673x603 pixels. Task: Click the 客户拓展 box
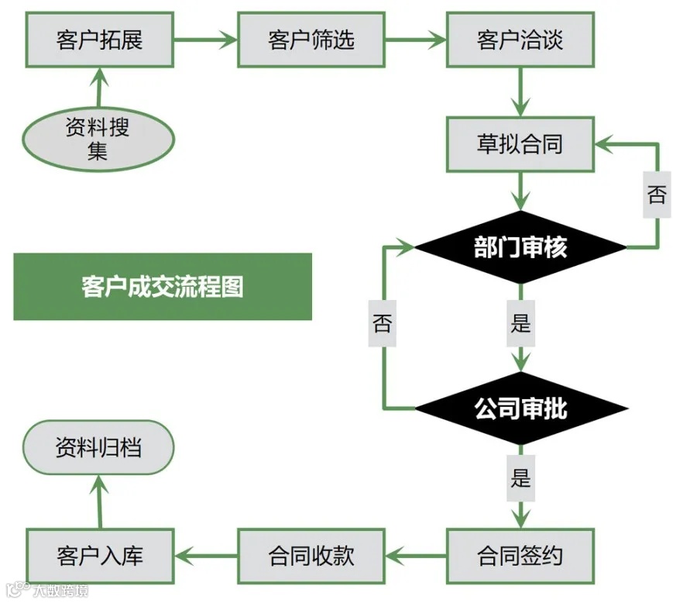(99, 39)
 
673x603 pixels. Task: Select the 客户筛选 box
(311, 39)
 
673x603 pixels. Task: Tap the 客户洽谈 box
(520, 39)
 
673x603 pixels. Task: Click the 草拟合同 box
(520, 144)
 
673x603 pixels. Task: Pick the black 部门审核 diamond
(520, 247)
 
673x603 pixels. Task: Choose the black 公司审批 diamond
(520, 408)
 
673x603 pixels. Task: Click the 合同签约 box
(520, 555)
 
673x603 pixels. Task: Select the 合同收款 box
(311, 555)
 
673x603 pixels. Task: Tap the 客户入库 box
(99, 555)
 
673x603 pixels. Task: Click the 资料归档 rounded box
(98, 447)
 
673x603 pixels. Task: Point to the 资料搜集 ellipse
(98, 139)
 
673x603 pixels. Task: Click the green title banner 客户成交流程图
(162, 286)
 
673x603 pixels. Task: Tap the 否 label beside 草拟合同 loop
(656, 194)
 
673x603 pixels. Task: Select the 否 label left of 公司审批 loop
(383, 322)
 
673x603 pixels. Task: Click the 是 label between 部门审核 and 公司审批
(520, 322)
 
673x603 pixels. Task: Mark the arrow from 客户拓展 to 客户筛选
(204, 39)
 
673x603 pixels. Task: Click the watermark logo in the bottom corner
(46, 591)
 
